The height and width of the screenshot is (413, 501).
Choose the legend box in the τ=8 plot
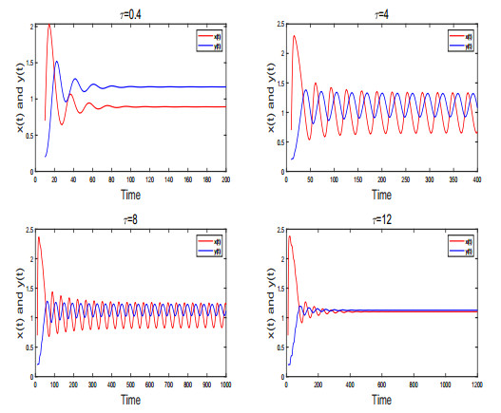[209, 246]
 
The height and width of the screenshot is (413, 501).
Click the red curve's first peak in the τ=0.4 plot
[48, 26]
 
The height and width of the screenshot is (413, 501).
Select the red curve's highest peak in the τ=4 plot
[295, 36]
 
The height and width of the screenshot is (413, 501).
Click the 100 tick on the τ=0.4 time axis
[131, 178]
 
